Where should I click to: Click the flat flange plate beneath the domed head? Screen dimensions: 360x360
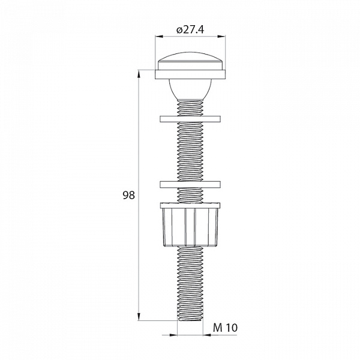point(191,74)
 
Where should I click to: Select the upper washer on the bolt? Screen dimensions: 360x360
point(191,118)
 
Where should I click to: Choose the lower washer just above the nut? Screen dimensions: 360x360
point(191,184)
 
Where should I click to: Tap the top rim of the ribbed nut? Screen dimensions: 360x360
point(191,206)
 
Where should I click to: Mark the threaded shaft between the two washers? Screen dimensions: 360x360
point(191,150)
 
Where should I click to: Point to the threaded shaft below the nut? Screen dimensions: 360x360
point(191,282)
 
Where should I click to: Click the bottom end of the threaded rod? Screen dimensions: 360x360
point(191,319)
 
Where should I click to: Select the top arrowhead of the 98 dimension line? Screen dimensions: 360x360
point(139,74)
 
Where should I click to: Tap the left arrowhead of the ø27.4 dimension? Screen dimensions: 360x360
point(158,37)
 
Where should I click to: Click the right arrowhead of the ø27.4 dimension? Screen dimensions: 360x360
point(223,37)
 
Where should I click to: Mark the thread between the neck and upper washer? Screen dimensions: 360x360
point(191,108)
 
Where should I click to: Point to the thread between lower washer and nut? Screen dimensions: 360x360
point(191,196)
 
